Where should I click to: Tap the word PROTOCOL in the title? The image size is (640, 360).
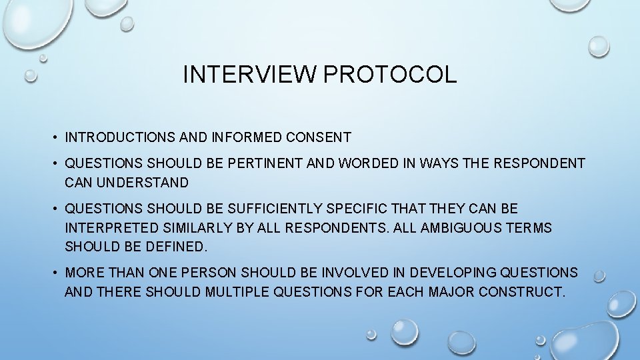[x=390, y=75]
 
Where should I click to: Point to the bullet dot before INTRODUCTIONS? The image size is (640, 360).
[x=52, y=139]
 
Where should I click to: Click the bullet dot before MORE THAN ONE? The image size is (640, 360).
[x=52, y=273]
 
